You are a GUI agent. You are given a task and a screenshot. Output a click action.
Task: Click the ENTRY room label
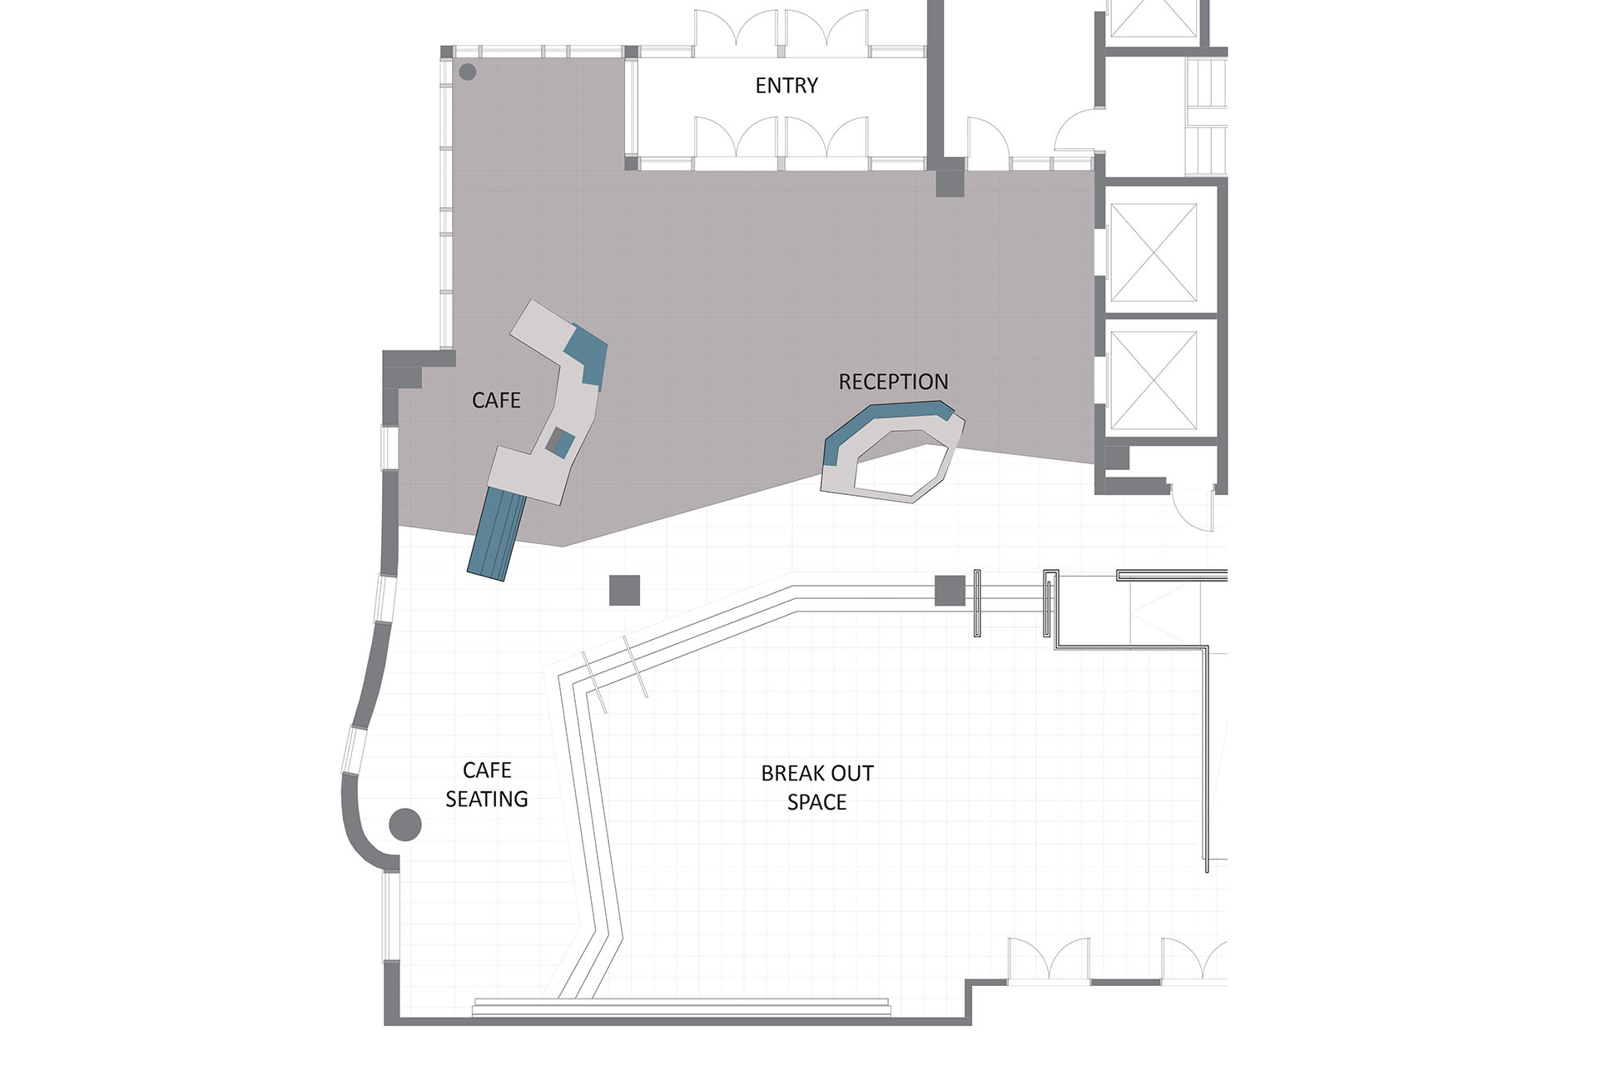[x=786, y=85]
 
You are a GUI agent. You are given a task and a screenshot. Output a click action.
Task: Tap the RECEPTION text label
[x=893, y=382]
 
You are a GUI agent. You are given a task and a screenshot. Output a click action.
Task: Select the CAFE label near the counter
[x=496, y=400]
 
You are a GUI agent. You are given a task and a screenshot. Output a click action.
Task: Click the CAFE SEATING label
[x=486, y=785]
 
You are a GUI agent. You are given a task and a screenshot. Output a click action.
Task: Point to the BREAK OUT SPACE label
[x=816, y=787]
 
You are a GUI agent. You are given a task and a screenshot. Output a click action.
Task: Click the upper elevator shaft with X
[x=1154, y=252]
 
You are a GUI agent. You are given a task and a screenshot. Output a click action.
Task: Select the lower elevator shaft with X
[x=1154, y=379]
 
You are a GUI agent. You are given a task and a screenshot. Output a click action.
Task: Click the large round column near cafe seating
[x=405, y=825]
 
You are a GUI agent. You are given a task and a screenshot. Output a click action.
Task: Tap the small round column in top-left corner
[x=468, y=72]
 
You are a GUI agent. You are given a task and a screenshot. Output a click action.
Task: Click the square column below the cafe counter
[x=624, y=590]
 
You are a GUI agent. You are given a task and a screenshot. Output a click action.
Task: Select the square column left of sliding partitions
[x=950, y=590]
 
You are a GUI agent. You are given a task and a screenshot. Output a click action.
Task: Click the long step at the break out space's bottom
[x=681, y=1008]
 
